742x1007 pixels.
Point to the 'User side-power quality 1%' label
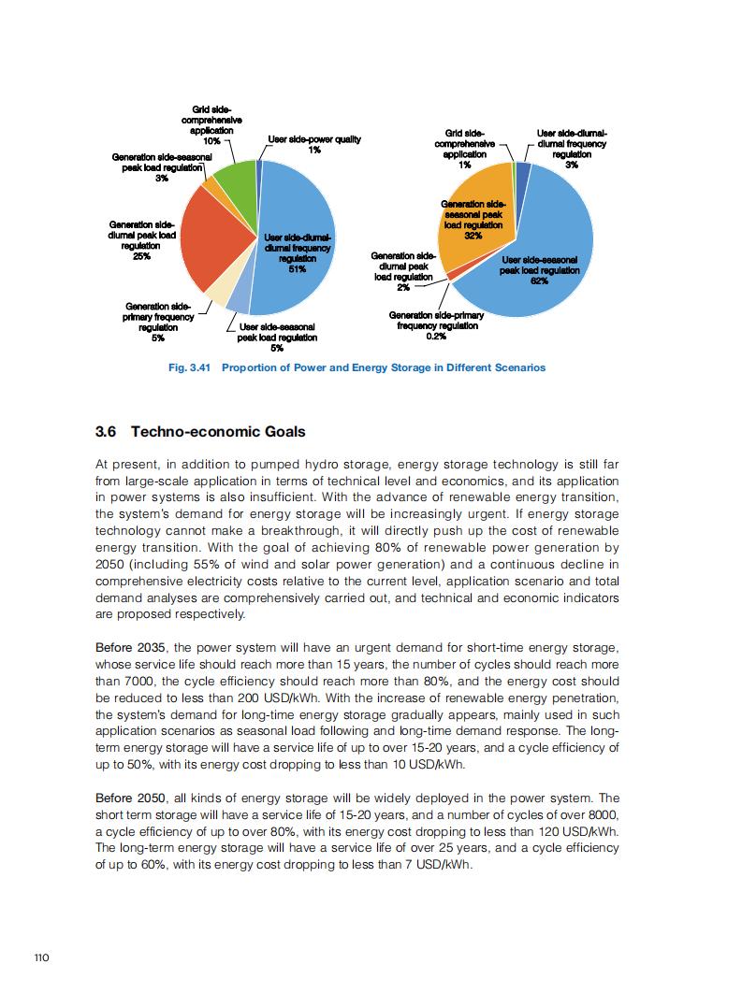(314, 145)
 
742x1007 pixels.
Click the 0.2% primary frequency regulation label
(436, 326)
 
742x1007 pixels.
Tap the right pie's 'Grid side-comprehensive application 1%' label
(465, 149)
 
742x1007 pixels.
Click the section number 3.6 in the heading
(106, 432)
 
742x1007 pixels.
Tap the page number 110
(41, 957)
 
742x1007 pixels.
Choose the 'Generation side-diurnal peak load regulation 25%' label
(142, 240)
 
